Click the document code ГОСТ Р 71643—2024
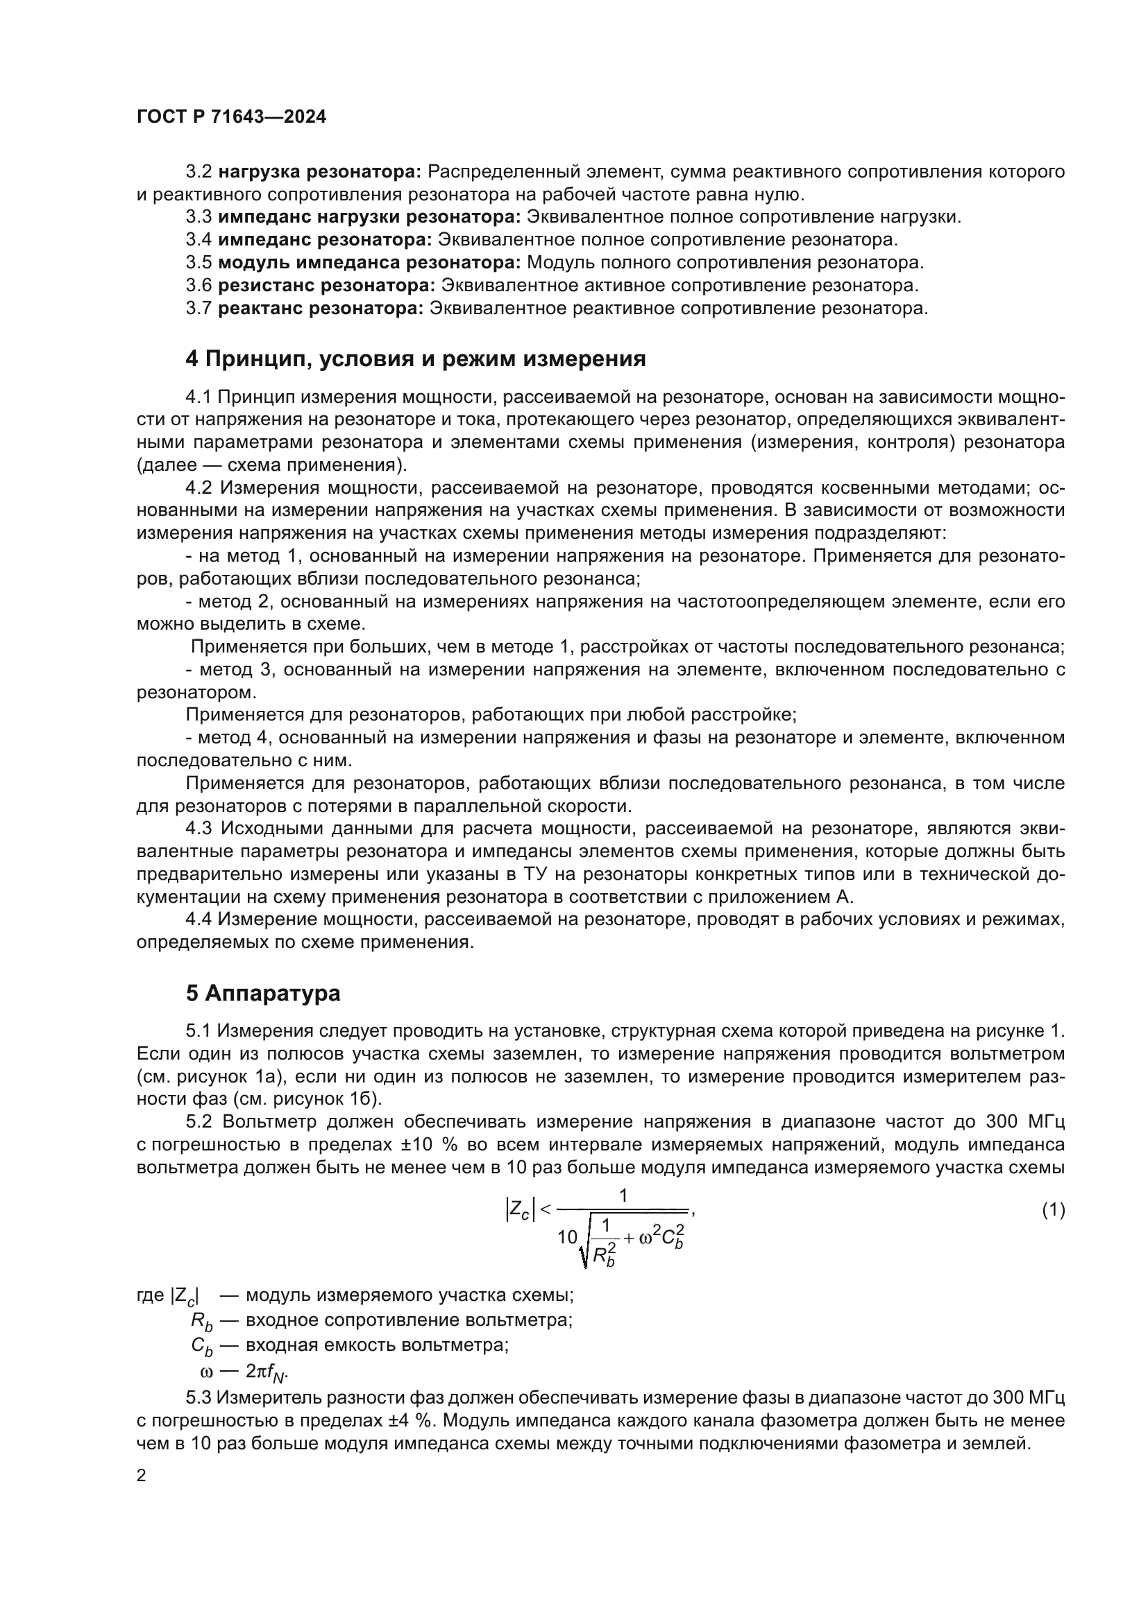(x=231, y=117)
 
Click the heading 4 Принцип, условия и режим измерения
(x=416, y=359)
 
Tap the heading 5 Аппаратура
(x=263, y=993)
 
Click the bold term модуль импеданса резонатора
(x=369, y=263)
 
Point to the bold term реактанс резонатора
(x=320, y=308)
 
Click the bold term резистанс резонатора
(x=326, y=286)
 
